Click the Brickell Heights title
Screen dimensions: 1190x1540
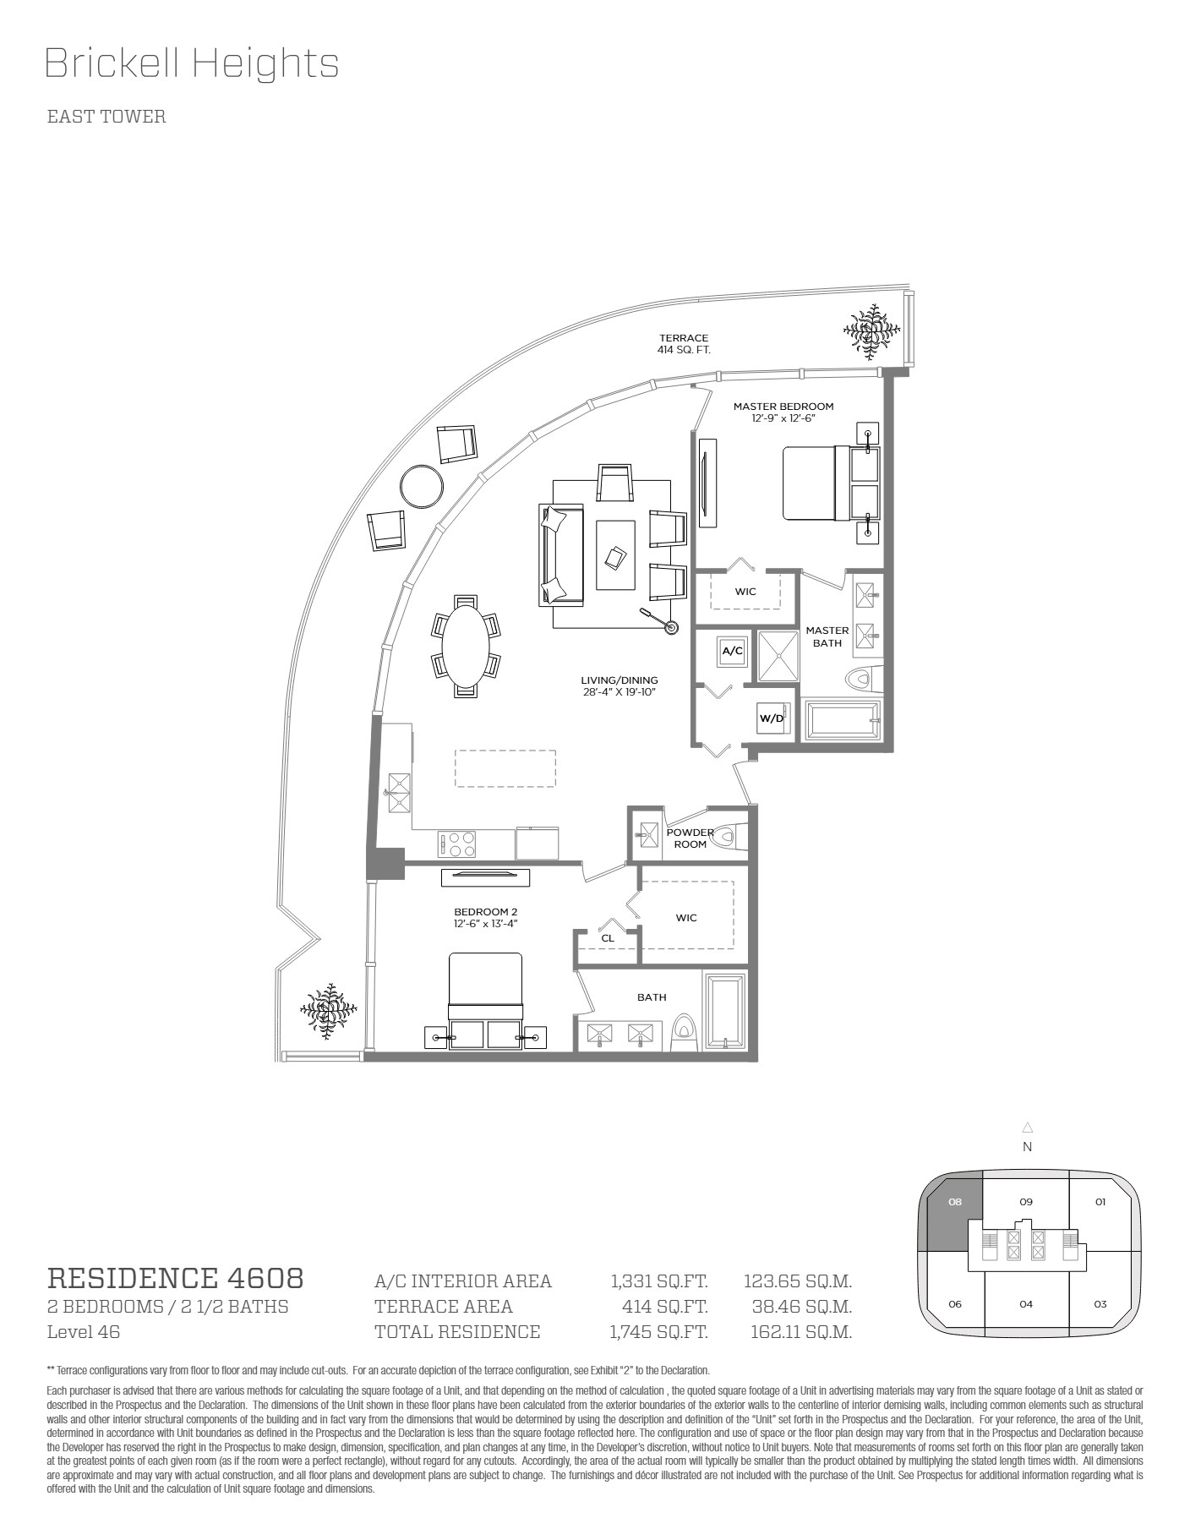(x=192, y=64)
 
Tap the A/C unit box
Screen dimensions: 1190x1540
(x=732, y=651)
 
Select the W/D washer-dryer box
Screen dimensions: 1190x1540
(x=772, y=718)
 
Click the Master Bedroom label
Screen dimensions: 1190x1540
(x=783, y=407)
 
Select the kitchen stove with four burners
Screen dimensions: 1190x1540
(x=456, y=844)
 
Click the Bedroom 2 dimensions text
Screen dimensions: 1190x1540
(x=485, y=924)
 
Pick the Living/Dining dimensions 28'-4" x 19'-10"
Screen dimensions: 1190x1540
(x=619, y=692)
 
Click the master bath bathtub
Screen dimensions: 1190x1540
(x=841, y=721)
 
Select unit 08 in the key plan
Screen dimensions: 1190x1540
(x=955, y=1215)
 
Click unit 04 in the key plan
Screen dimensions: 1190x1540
(x=1026, y=1304)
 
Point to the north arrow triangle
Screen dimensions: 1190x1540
(x=1028, y=1127)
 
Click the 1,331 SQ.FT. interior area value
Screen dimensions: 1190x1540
(x=659, y=1281)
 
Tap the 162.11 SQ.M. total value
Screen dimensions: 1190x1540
(x=801, y=1332)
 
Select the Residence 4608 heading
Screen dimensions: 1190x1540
(x=175, y=1277)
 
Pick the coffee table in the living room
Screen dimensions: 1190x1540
(x=615, y=554)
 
